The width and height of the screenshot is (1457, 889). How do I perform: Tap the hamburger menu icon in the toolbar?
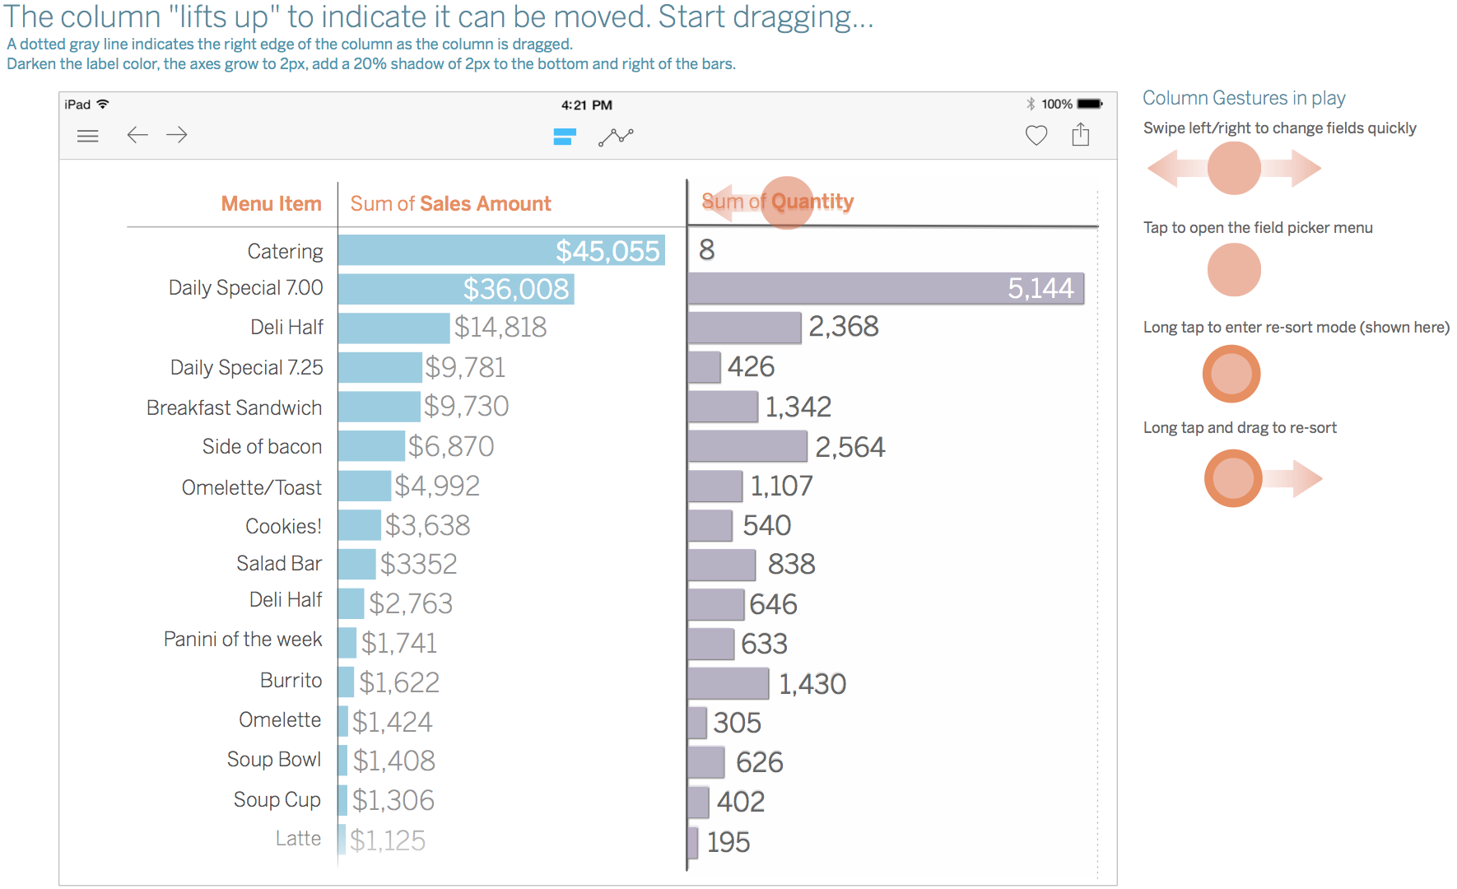[x=87, y=136]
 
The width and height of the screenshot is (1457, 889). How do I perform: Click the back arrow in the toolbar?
[x=137, y=135]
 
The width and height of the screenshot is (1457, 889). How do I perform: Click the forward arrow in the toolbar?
[x=177, y=135]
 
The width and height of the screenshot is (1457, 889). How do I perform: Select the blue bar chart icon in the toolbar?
[x=565, y=137]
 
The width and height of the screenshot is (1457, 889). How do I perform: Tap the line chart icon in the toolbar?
[x=616, y=137]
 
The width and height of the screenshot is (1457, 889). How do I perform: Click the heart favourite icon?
[x=1036, y=135]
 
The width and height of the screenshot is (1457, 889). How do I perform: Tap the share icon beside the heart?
[x=1081, y=134]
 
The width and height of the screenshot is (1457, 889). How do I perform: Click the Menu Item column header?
[x=271, y=203]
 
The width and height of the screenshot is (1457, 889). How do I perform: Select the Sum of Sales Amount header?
[x=450, y=203]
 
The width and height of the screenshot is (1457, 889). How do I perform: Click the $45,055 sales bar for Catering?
[x=500, y=250]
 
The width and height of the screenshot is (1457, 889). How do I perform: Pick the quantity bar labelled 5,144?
[x=885, y=288]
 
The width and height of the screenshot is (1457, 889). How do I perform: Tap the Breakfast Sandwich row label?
[x=234, y=407]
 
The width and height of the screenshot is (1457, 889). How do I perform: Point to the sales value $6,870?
[x=451, y=446]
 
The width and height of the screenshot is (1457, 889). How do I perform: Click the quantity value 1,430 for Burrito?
[x=812, y=683]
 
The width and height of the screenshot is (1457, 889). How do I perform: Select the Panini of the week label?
[x=243, y=640]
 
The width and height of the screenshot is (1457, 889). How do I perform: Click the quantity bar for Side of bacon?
[x=747, y=446]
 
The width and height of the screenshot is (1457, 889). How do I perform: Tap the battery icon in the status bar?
[x=1090, y=104]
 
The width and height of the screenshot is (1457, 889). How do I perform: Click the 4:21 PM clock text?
[x=586, y=105]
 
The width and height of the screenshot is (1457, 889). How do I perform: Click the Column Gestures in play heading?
[x=1244, y=98]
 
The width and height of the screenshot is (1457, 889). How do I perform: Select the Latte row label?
[x=298, y=838]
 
